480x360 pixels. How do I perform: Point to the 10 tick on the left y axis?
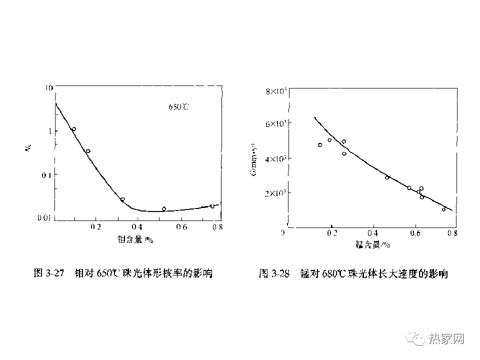pyautogui.click(x=49, y=88)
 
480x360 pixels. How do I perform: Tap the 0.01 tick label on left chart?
pyautogui.click(x=46, y=218)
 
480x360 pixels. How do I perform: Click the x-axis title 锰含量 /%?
pyautogui.click(x=372, y=244)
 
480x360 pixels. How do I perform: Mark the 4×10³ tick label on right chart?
pyautogui.click(x=275, y=158)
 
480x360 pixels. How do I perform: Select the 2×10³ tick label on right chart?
pyautogui.click(x=275, y=193)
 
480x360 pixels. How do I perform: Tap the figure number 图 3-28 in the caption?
pyautogui.click(x=274, y=273)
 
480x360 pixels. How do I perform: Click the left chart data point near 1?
pyautogui.click(x=73, y=129)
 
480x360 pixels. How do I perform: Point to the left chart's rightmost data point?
pyautogui.click(x=212, y=206)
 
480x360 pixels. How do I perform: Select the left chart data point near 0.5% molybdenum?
pyautogui.click(x=164, y=209)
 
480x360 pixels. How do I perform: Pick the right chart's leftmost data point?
pyautogui.click(x=320, y=145)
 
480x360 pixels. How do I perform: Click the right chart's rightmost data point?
pyautogui.click(x=443, y=209)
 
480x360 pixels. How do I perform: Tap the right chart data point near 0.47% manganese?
pyautogui.click(x=387, y=177)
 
